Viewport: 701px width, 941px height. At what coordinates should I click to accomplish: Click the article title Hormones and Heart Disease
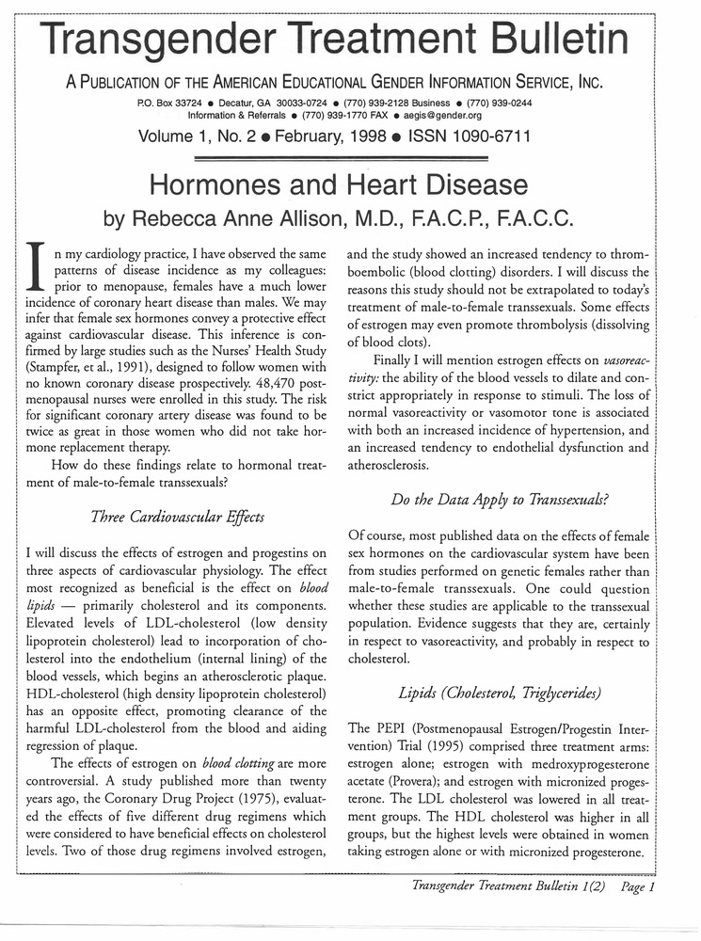click(350, 183)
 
